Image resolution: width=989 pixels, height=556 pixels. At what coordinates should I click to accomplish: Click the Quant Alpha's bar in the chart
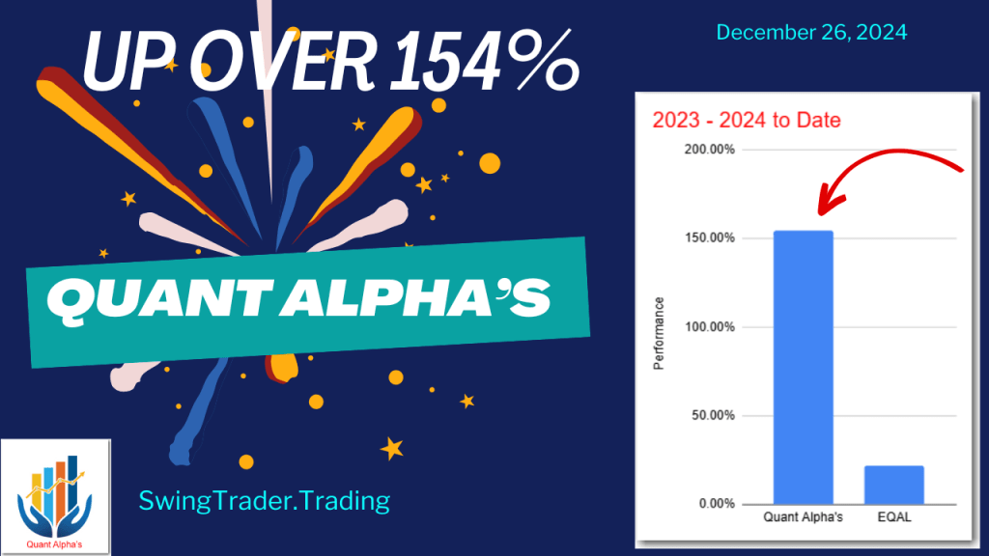click(803, 367)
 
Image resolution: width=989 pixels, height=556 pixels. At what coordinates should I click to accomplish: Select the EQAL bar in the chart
click(894, 485)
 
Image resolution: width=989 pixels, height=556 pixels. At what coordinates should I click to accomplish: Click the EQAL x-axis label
click(894, 517)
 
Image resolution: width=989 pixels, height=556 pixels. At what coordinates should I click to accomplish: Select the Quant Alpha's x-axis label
click(803, 517)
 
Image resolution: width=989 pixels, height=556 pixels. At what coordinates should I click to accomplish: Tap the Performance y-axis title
click(661, 334)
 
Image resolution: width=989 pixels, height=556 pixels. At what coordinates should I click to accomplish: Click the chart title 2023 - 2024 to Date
click(746, 121)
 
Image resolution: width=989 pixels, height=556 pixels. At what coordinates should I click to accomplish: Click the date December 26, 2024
click(811, 32)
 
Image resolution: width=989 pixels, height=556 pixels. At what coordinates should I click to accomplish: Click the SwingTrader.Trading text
click(264, 500)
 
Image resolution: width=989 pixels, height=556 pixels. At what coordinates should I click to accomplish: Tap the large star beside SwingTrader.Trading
click(392, 448)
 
